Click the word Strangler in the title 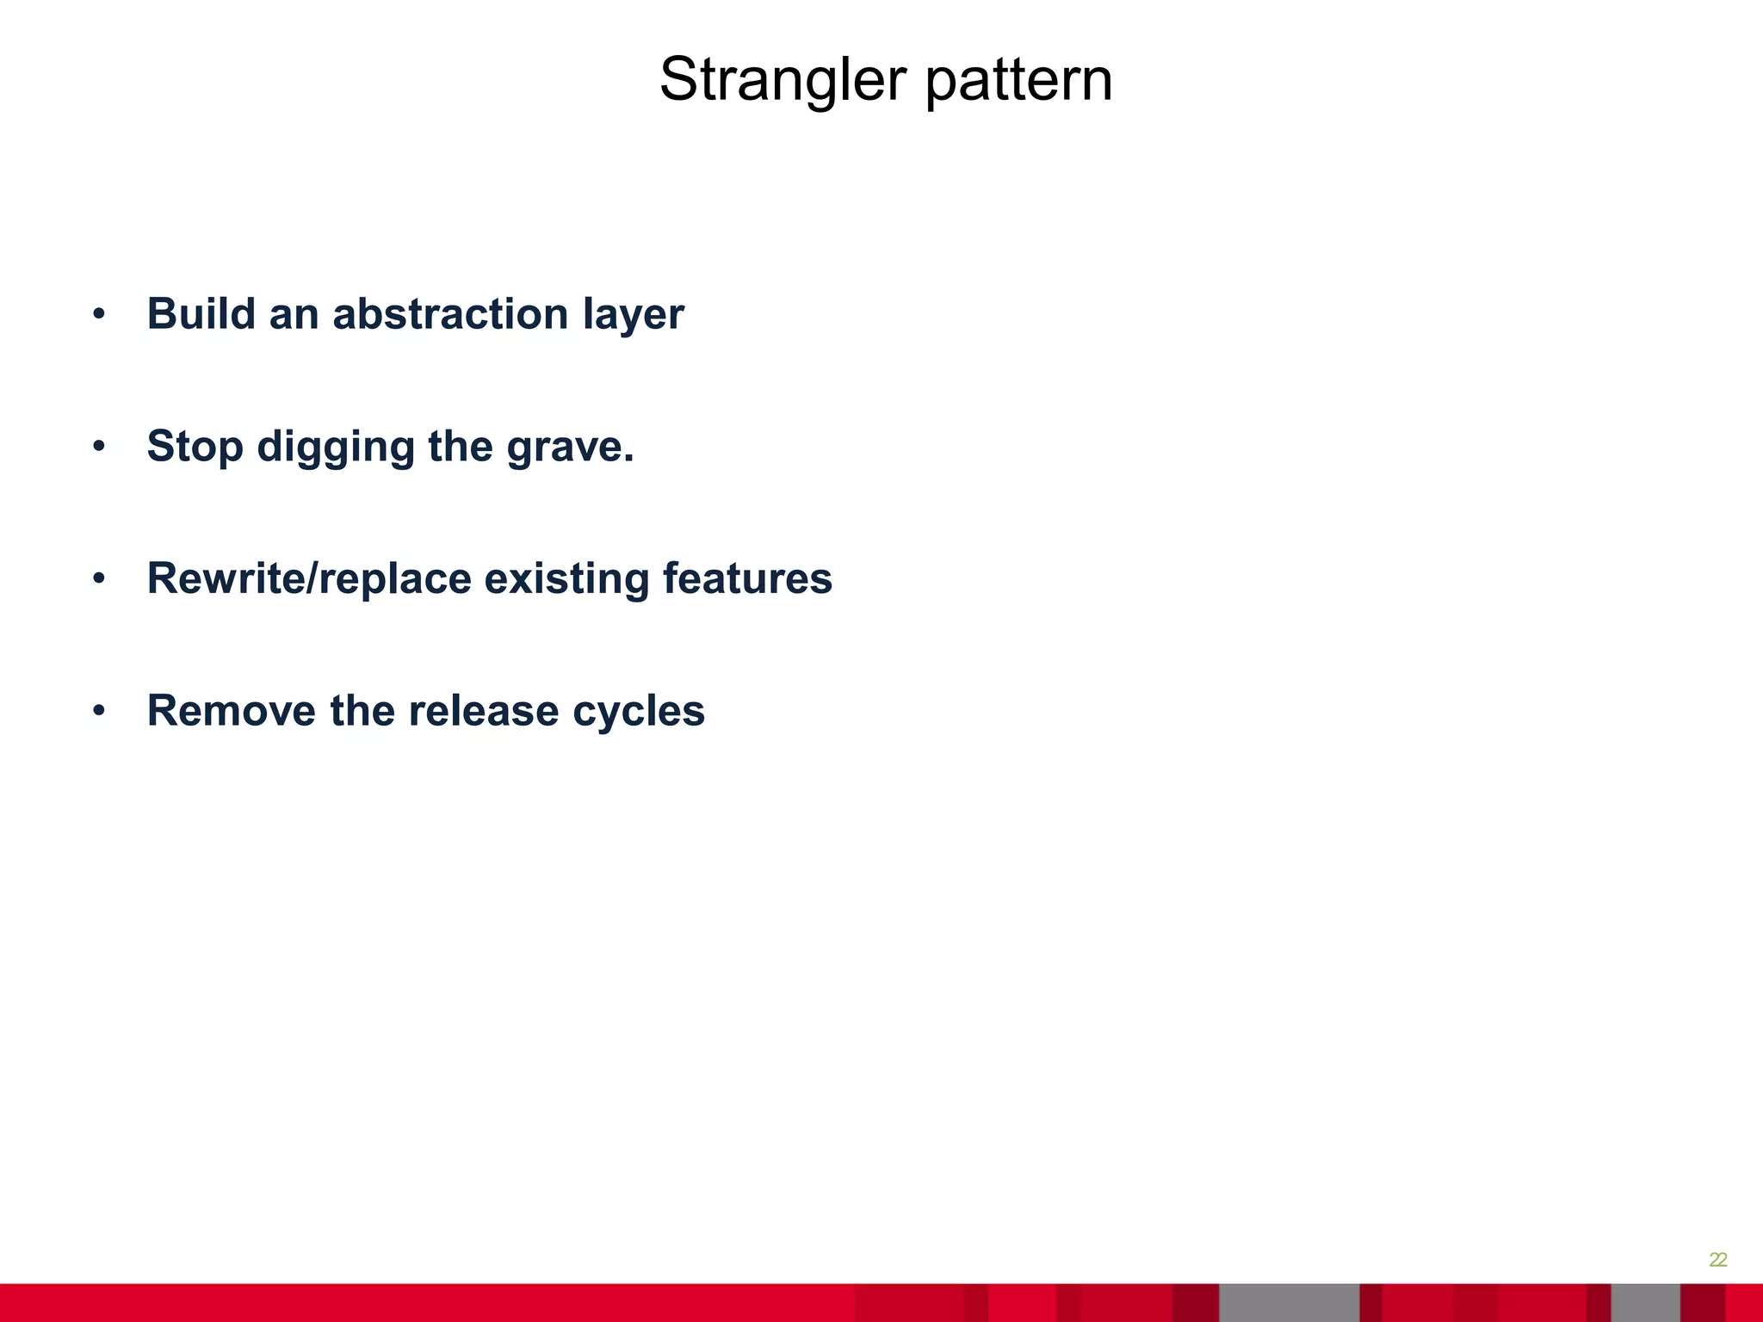coord(783,80)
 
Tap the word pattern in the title coord(1018,82)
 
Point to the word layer coord(633,315)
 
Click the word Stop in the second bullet coord(195,447)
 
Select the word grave coord(569,448)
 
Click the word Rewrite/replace coord(309,578)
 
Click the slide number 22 coord(1717,1260)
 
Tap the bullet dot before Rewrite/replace coord(99,579)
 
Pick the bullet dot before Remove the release coord(99,712)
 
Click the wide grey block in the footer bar coord(1289,1303)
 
